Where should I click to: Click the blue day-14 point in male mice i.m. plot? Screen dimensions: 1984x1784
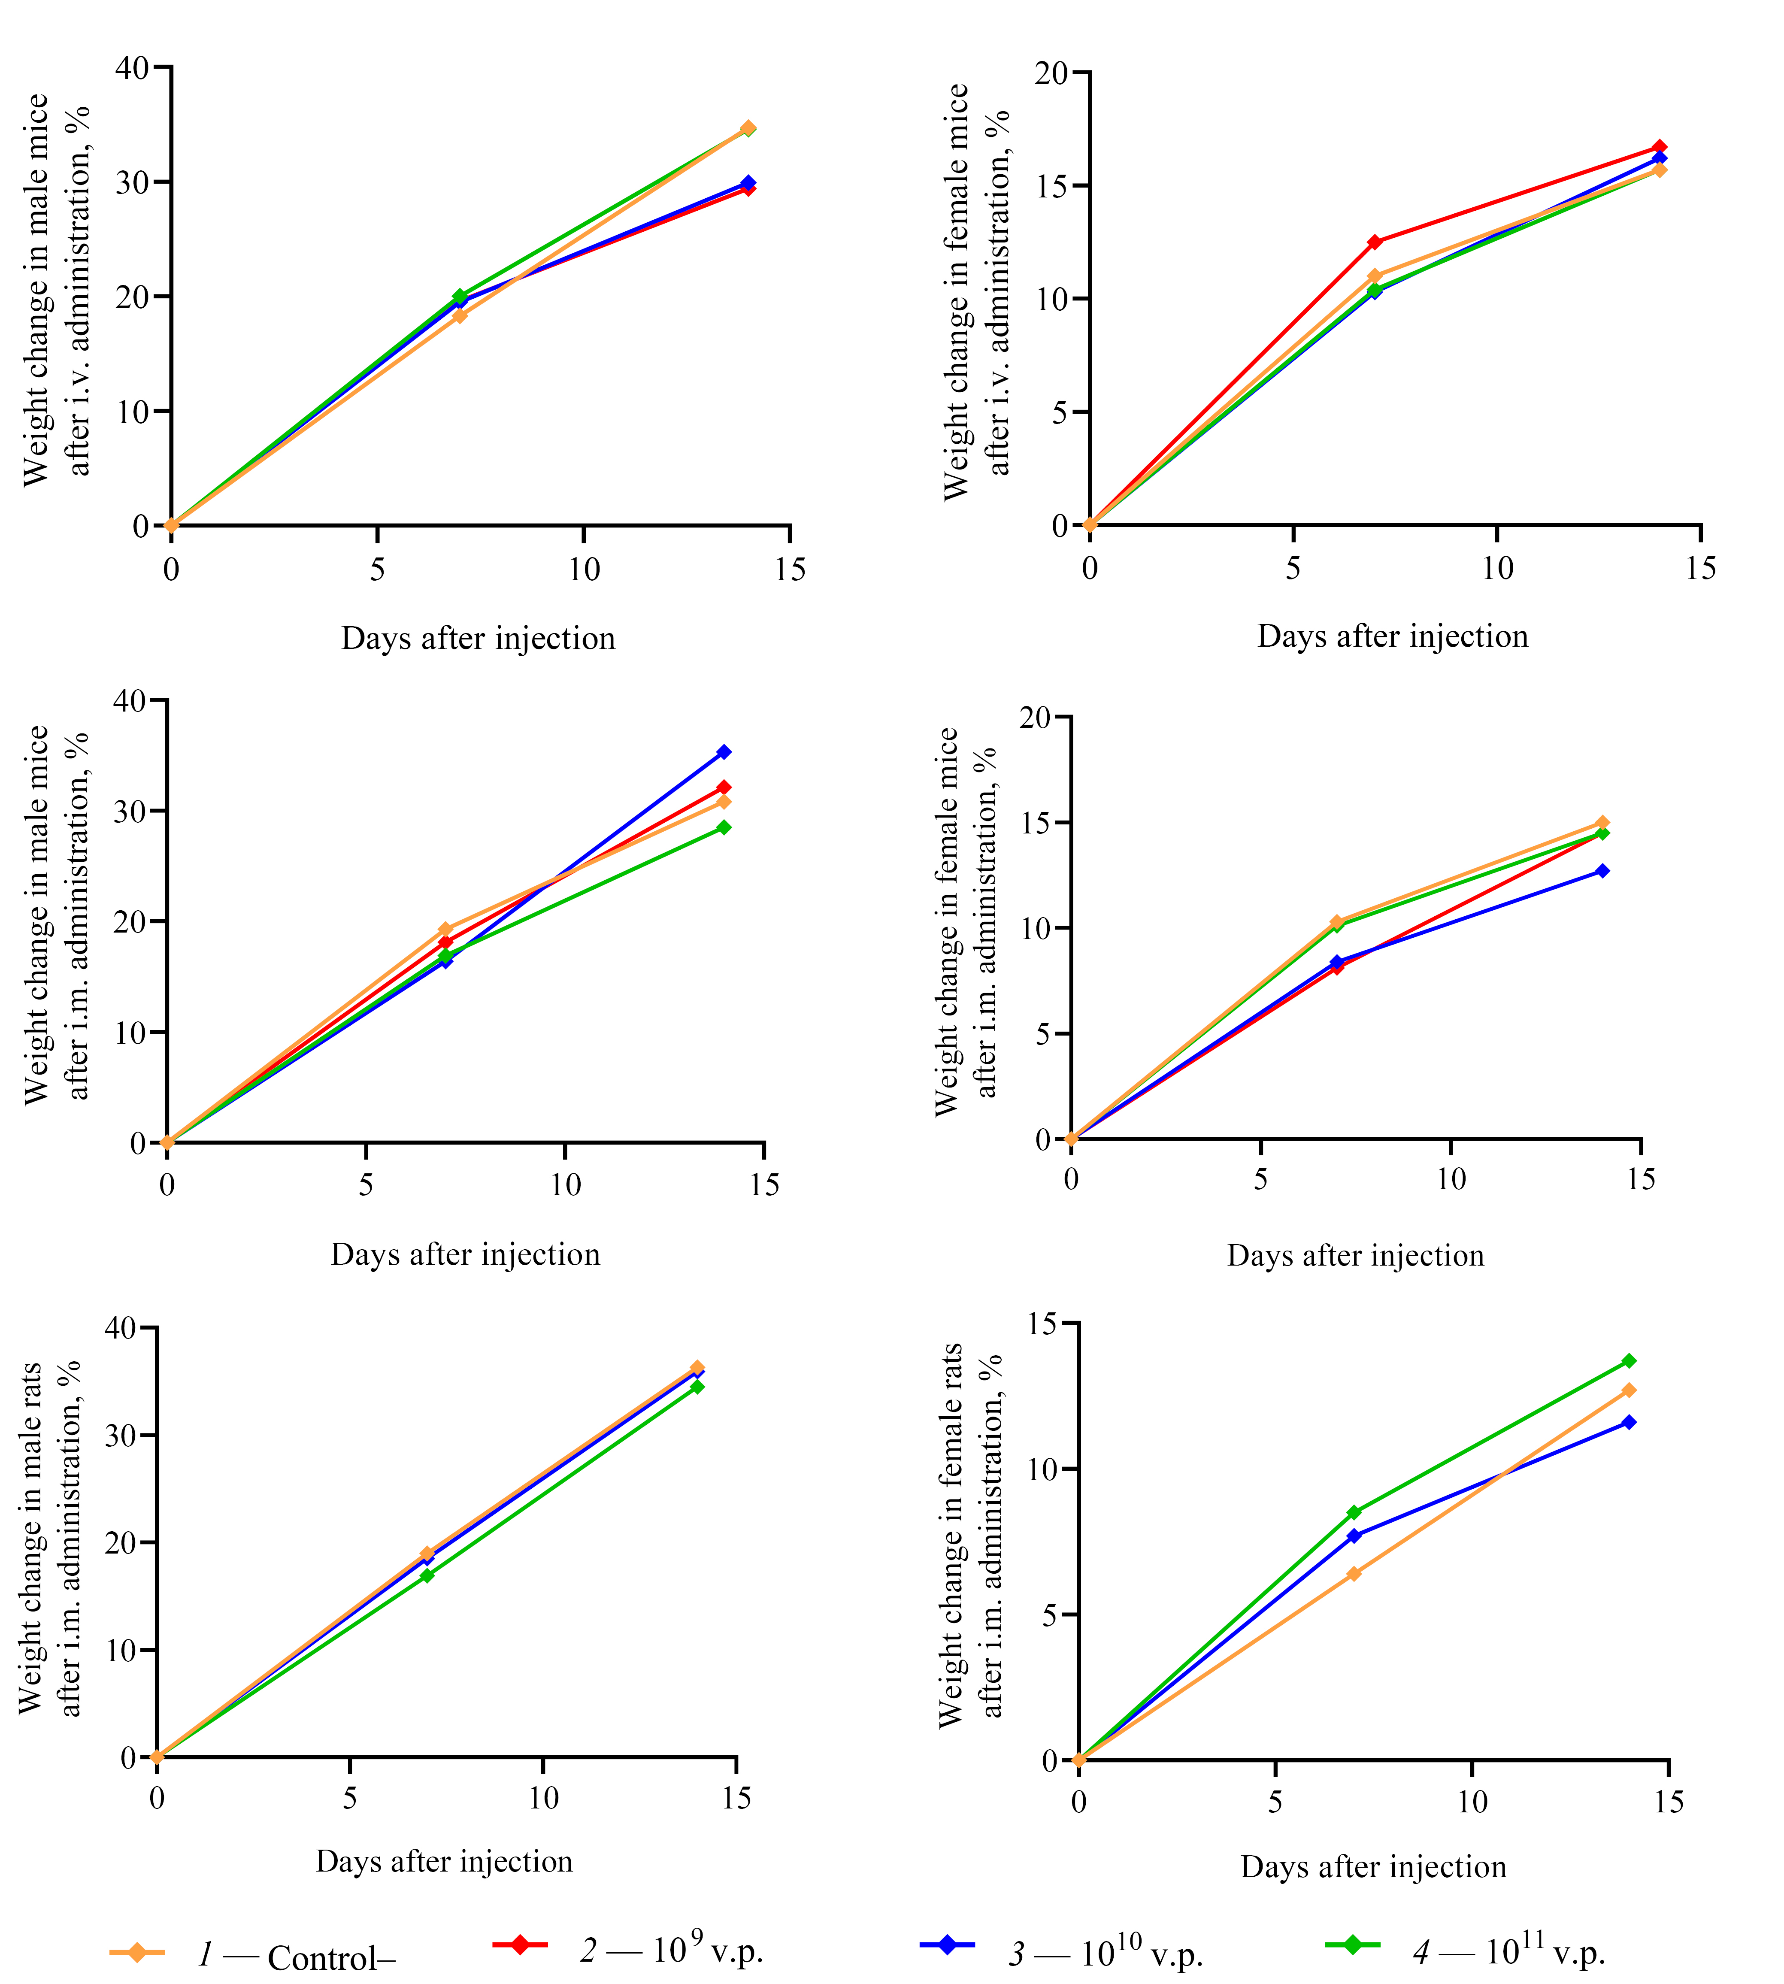point(724,752)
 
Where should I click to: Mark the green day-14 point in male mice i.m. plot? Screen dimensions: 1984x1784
point(724,827)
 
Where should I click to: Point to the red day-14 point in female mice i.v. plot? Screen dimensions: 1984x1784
point(1659,147)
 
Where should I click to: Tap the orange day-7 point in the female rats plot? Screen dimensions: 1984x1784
point(1354,1573)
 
